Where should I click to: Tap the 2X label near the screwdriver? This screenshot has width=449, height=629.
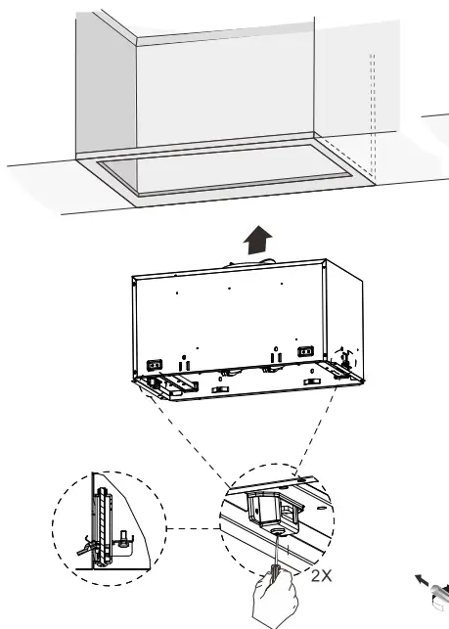[320, 576]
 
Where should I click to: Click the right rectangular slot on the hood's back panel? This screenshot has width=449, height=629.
[305, 351]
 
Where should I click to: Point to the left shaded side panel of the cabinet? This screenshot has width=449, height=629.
[106, 88]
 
